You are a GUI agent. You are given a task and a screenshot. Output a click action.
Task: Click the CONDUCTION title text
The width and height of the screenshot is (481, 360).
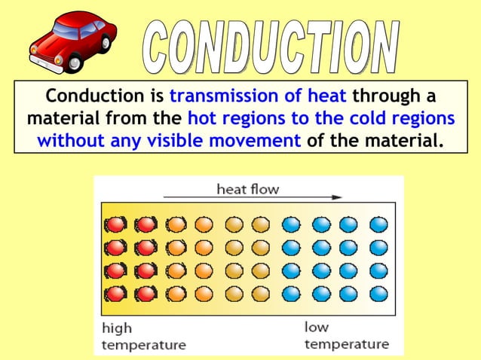tap(271, 47)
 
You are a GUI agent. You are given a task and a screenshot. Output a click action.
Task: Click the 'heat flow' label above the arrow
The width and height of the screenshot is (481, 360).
tap(247, 188)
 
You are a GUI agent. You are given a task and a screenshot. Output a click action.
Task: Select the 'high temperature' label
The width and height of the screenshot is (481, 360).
tap(143, 337)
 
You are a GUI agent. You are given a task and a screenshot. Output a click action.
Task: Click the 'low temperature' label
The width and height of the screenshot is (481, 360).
tap(346, 336)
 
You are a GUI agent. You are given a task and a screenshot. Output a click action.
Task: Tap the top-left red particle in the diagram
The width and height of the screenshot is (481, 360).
tap(115, 224)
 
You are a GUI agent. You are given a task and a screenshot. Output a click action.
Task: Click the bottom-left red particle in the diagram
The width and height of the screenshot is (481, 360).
tap(115, 294)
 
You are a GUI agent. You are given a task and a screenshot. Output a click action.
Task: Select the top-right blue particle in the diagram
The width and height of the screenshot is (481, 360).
tap(378, 224)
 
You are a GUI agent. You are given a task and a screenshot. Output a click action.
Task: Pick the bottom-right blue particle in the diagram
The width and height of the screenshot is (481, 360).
tap(378, 294)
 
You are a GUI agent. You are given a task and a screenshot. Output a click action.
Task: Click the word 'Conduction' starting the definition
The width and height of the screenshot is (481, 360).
tap(92, 97)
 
